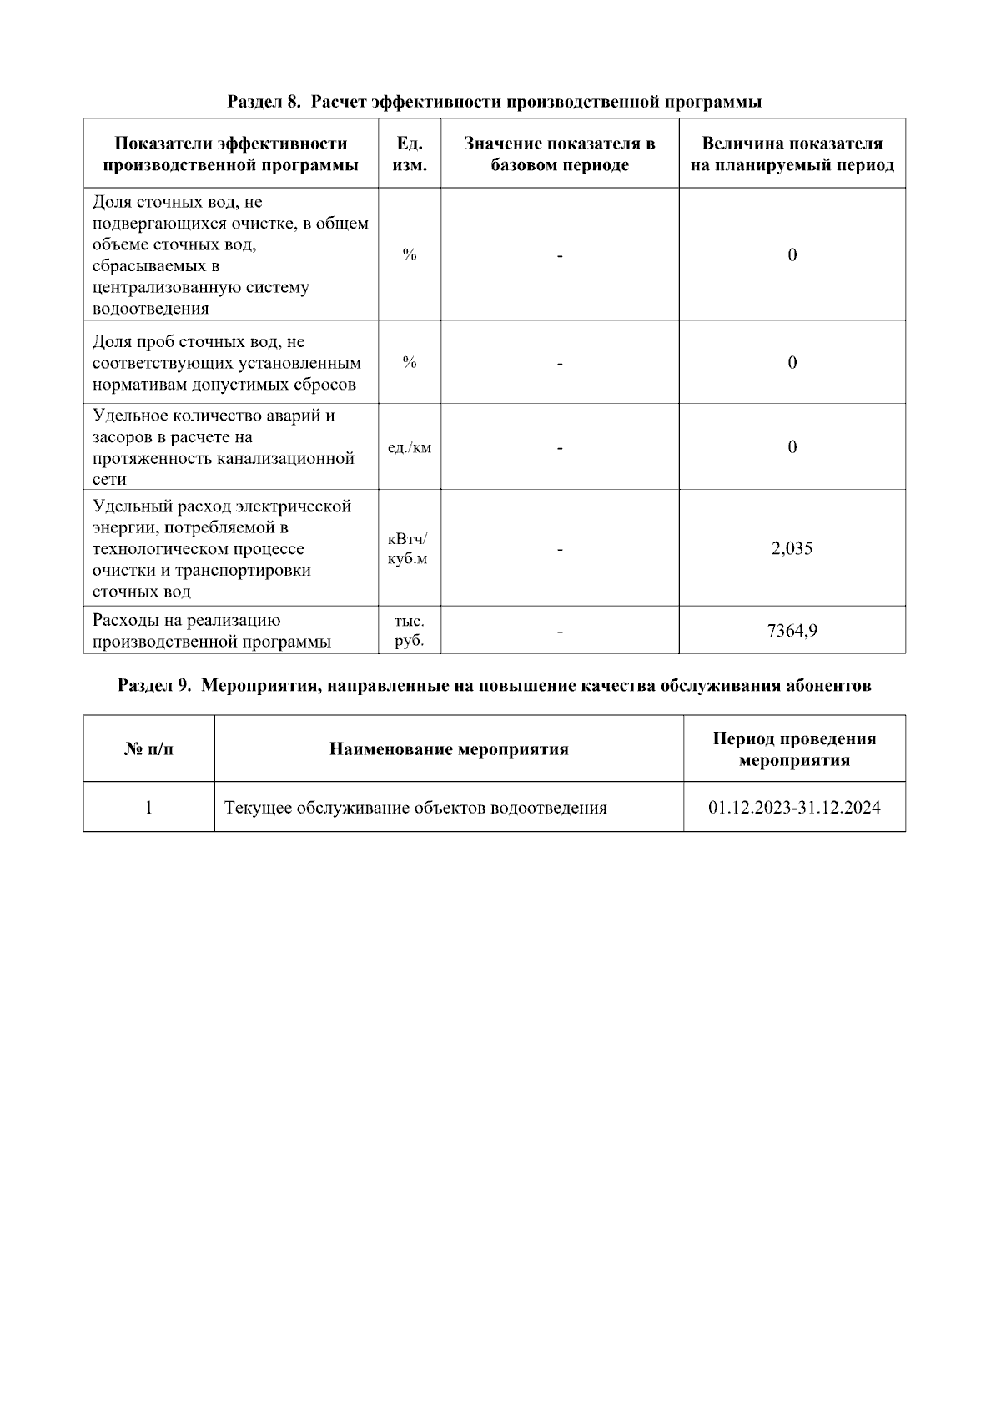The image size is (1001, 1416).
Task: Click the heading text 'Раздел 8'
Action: click(263, 103)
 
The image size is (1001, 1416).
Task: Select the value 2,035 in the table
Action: click(792, 548)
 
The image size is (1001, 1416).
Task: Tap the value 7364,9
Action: click(792, 631)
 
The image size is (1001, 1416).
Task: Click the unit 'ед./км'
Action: click(410, 447)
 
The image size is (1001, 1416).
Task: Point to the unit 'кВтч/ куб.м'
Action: click(408, 548)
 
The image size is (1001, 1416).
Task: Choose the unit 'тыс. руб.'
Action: click(409, 631)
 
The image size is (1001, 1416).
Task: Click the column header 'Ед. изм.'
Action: click(409, 154)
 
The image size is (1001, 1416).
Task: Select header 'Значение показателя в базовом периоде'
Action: click(560, 154)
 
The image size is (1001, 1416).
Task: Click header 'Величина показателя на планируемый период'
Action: click(792, 154)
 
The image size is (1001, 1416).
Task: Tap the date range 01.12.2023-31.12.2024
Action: click(794, 808)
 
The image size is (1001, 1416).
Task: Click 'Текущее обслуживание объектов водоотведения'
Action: click(415, 808)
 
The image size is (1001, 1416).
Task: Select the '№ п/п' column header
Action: click(148, 749)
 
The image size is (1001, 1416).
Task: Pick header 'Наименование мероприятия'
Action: click(449, 749)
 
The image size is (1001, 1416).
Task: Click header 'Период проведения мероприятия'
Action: click(794, 749)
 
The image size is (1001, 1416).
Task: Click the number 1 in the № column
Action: click(148, 808)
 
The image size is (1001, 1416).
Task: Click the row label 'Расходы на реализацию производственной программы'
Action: click(212, 631)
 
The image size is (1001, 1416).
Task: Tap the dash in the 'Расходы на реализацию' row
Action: click(560, 632)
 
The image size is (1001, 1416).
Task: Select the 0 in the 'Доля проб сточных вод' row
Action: click(792, 363)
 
